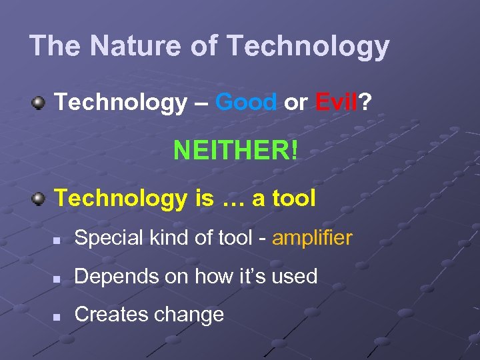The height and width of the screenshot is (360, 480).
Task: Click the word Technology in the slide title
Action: (x=307, y=46)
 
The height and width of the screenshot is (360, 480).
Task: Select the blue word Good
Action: (x=247, y=102)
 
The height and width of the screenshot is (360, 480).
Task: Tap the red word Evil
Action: (x=336, y=102)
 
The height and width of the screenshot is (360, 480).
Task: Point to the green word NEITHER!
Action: (x=236, y=150)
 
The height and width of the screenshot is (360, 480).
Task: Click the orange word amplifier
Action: (x=312, y=238)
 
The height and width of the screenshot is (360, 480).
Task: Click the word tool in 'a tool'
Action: (x=291, y=198)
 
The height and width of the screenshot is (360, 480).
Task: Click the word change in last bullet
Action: (x=192, y=315)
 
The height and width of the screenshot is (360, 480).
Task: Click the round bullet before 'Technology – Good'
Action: (x=39, y=103)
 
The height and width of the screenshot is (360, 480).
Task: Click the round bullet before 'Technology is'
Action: (x=39, y=199)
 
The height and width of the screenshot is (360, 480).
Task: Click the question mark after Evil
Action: (x=365, y=102)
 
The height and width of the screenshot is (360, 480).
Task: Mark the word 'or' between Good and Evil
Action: (x=295, y=103)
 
